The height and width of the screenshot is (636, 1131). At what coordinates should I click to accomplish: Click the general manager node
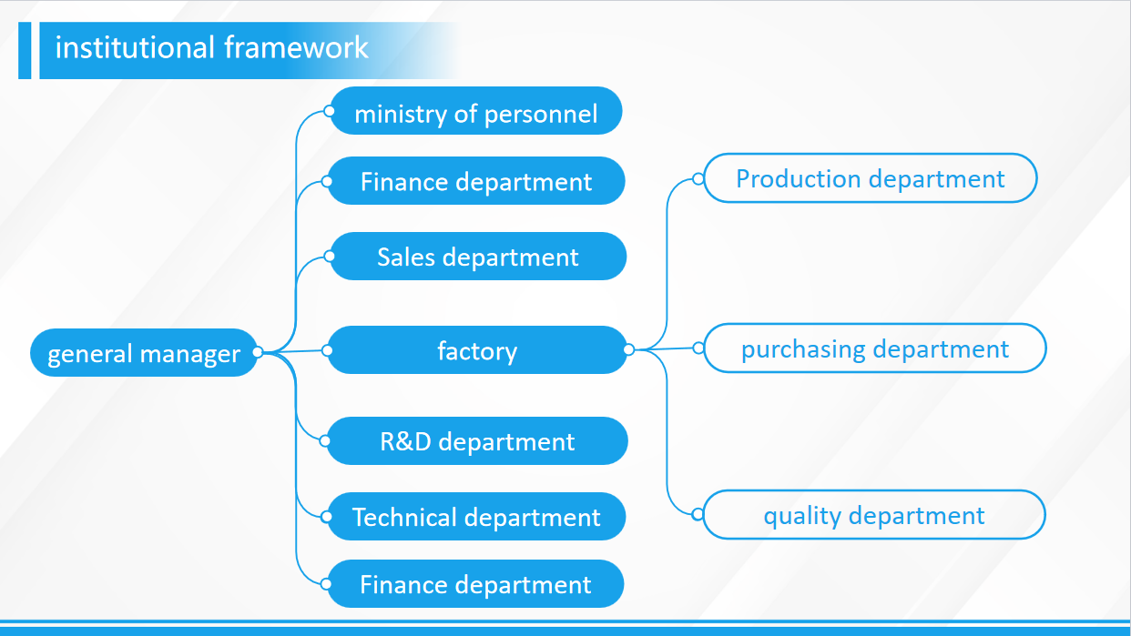[x=143, y=353]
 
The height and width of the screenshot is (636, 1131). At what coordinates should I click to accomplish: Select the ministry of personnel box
[x=475, y=114]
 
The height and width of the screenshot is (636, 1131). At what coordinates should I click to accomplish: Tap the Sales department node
[x=477, y=257]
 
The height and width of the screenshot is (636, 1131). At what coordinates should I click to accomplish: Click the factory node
[x=477, y=350]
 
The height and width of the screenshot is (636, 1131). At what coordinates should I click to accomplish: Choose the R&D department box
[x=477, y=442]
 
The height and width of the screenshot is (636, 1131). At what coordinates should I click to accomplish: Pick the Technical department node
[x=476, y=517]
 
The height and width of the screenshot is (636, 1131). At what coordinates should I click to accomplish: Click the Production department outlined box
[x=870, y=178]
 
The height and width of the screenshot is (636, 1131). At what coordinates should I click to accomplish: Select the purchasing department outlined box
[x=874, y=348]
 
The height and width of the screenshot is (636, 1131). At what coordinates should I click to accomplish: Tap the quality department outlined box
[x=873, y=516]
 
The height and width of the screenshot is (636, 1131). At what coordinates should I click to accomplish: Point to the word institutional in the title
[x=135, y=47]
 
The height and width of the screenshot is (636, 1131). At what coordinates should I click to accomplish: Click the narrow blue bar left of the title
[x=25, y=50]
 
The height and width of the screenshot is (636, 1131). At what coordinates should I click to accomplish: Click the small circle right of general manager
[x=258, y=352]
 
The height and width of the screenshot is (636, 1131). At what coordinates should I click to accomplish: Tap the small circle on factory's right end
[x=628, y=349]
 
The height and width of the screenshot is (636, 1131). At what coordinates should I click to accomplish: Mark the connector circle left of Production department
[x=698, y=179]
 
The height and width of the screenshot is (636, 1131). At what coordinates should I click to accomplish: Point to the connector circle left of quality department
[x=698, y=514]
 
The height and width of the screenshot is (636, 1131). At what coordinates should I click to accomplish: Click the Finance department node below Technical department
[x=475, y=584]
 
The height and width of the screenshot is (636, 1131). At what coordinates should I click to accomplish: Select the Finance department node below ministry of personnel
[x=475, y=181]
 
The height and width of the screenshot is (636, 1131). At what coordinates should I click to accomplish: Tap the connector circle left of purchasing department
[x=698, y=348]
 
